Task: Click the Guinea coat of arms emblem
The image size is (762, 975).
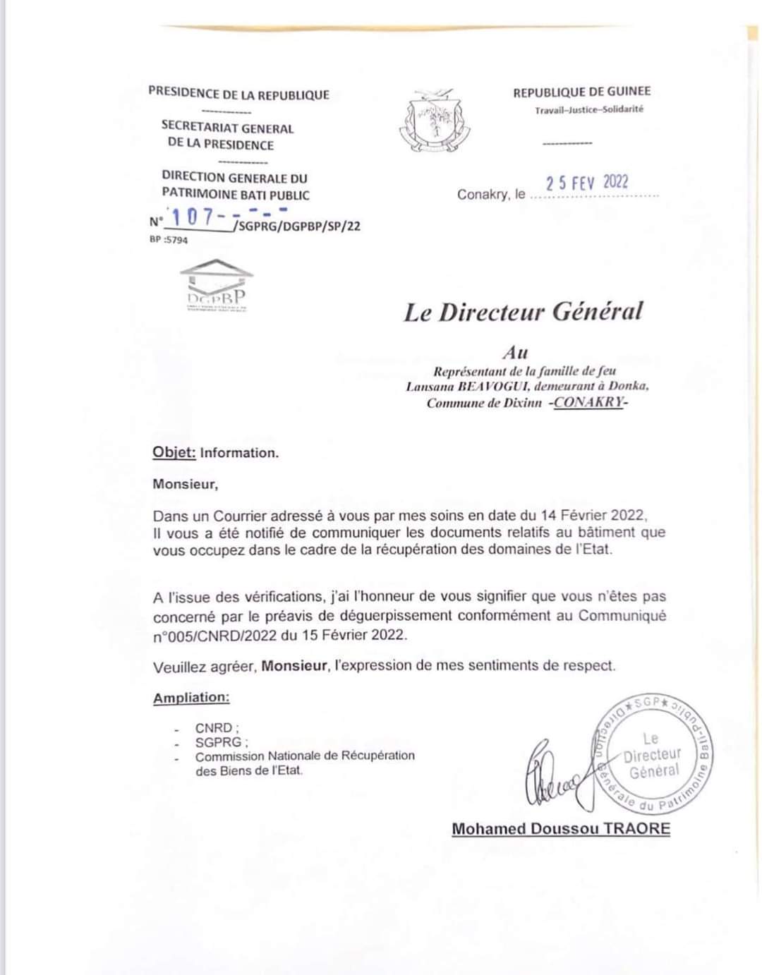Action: click(x=435, y=121)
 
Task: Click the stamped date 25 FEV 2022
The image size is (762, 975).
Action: click(x=587, y=182)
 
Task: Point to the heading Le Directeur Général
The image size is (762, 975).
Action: click(x=523, y=312)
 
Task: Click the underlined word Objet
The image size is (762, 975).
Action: click(x=174, y=453)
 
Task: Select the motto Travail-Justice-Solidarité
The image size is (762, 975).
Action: click(x=589, y=109)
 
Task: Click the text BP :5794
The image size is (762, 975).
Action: click(x=169, y=240)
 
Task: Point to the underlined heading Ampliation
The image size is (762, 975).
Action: click(x=191, y=698)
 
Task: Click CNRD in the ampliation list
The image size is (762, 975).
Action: click(x=215, y=728)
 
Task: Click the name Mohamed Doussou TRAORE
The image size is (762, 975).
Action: click(x=561, y=829)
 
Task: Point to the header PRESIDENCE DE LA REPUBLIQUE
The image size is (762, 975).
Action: click(x=238, y=94)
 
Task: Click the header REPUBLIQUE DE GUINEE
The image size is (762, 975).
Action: click(x=581, y=92)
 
